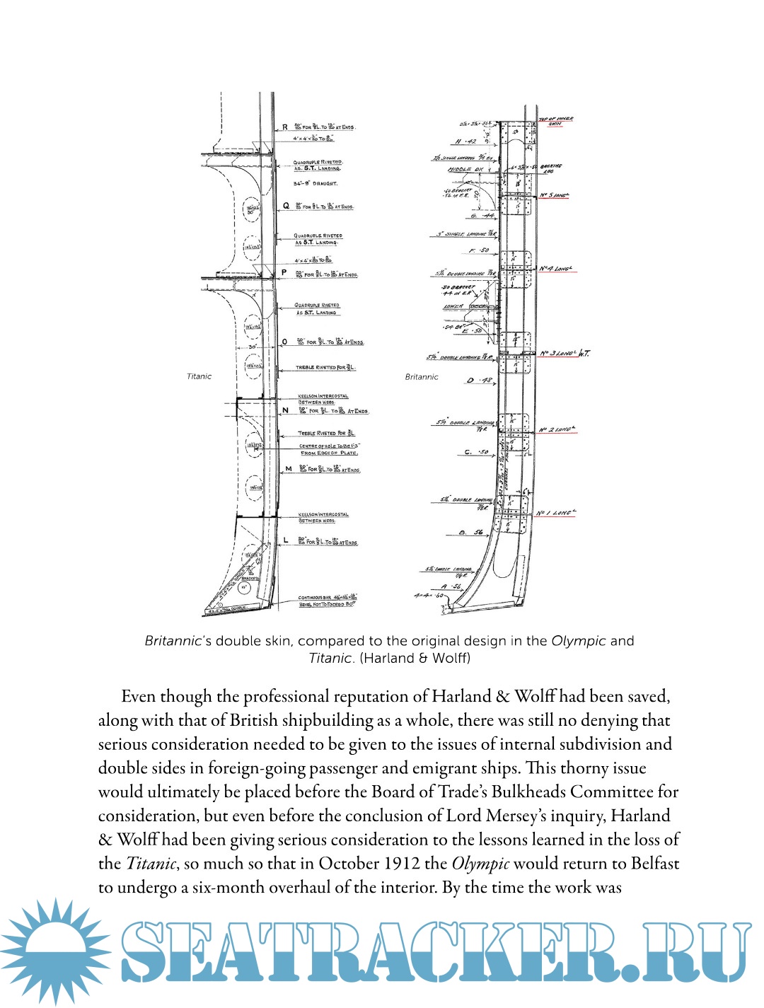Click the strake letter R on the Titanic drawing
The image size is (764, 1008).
(x=285, y=127)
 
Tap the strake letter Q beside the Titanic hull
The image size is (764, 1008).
(x=286, y=206)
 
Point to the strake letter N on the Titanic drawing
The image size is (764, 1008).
(x=285, y=410)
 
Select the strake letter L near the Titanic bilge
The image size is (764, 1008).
(x=286, y=540)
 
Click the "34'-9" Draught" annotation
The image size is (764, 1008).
(x=316, y=183)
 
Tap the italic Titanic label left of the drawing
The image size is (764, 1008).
(x=199, y=376)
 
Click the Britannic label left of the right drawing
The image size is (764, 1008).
(x=422, y=377)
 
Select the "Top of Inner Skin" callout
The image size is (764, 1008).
(x=555, y=121)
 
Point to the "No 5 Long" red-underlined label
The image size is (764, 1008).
(x=555, y=195)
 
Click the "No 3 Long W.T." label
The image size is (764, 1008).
(x=565, y=353)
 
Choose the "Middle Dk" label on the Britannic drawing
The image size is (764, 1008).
(x=465, y=170)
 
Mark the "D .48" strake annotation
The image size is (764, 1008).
(x=479, y=381)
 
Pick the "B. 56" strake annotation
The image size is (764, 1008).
(x=470, y=532)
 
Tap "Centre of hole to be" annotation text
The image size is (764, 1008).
(x=329, y=446)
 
